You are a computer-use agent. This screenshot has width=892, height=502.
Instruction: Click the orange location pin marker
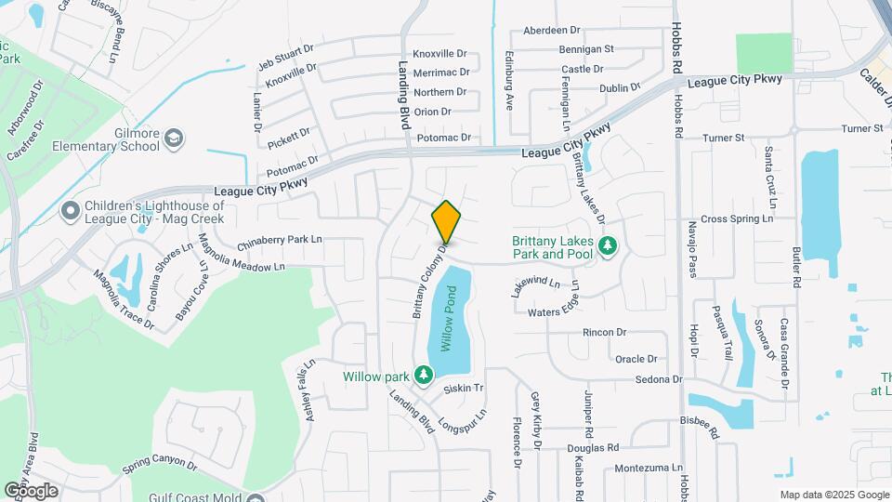coord(446,221)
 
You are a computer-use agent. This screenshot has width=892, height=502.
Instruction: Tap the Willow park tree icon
coord(424,376)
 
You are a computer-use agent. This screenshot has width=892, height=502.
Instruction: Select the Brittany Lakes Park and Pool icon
coord(609,246)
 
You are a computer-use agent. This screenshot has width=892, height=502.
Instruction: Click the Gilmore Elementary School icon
coord(174,139)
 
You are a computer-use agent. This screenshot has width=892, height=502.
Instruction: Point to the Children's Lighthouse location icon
coord(70,212)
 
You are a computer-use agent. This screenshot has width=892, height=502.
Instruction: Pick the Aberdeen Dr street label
coord(551,30)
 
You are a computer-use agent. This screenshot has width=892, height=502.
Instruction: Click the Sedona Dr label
coord(659,379)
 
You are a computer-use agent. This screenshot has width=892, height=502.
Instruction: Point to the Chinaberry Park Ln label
coord(280,241)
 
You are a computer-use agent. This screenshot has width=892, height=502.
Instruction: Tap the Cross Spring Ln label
coord(737,219)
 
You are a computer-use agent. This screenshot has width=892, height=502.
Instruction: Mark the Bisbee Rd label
coord(700,427)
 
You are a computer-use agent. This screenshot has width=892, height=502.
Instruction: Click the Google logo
coord(31,491)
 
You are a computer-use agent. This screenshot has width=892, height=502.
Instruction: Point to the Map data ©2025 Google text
coord(833,495)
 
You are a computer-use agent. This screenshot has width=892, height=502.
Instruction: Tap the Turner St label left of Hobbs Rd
coord(724,139)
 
